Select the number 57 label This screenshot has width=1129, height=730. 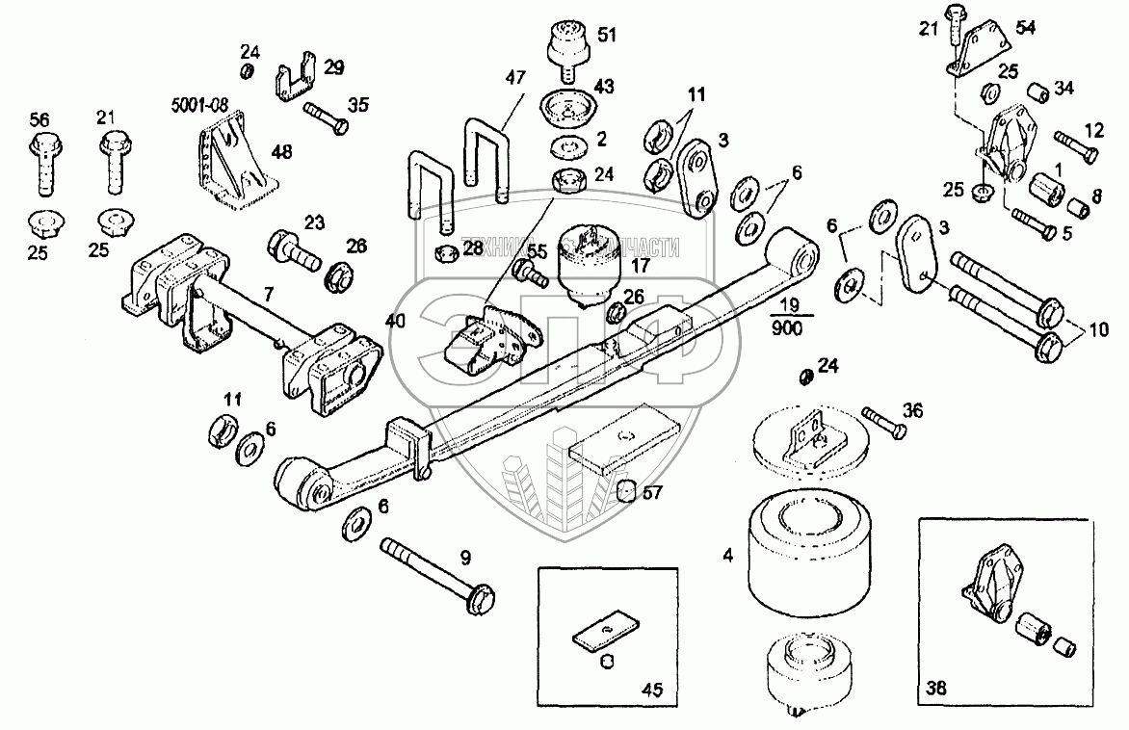pos(652,494)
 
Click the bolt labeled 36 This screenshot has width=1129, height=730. pos(883,424)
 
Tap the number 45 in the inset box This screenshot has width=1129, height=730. pos(653,690)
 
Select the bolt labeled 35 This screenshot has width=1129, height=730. pos(325,117)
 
